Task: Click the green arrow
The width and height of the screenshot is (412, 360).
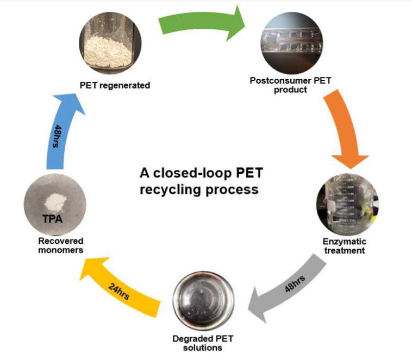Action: click(201, 24)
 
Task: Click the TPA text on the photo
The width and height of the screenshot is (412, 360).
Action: click(52, 219)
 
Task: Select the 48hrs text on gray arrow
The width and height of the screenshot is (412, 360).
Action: click(295, 284)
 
